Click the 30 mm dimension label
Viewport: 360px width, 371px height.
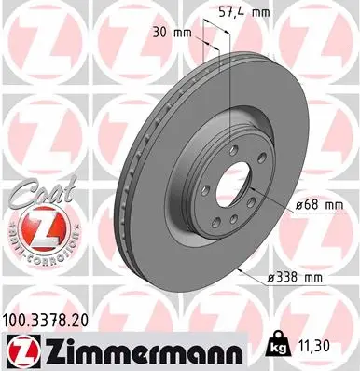(173, 31)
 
